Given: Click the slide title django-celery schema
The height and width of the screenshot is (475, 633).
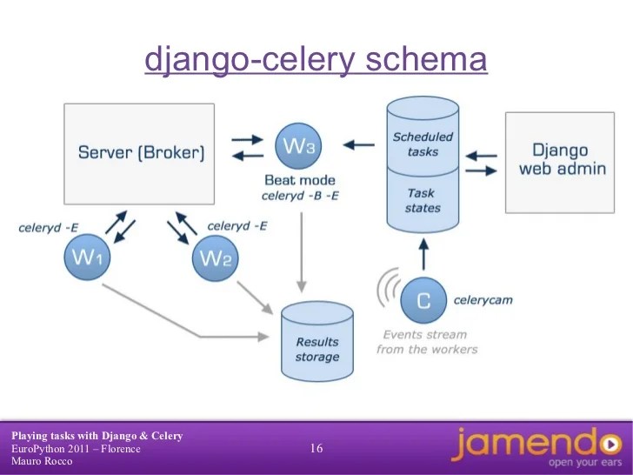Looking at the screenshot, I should click(x=316, y=61).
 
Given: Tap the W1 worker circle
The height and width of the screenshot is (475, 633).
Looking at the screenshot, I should click(x=88, y=258).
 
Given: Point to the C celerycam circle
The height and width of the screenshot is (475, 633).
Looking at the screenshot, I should click(x=423, y=300).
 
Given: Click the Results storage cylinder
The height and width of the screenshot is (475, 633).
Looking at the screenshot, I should click(x=316, y=345).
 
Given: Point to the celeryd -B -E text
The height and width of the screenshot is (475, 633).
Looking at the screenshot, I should click(x=299, y=196).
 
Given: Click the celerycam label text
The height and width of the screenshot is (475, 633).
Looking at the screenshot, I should click(x=483, y=300).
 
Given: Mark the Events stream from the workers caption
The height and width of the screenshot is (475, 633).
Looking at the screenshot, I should click(x=427, y=342).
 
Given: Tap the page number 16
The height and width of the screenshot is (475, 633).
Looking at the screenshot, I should click(x=316, y=449).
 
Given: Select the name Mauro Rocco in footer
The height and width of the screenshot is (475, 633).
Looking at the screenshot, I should click(x=41, y=461).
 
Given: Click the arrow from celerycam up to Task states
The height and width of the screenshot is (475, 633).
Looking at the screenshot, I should click(x=423, y=254).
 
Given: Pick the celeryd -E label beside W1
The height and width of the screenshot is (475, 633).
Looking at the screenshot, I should click(x=49, y=228).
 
